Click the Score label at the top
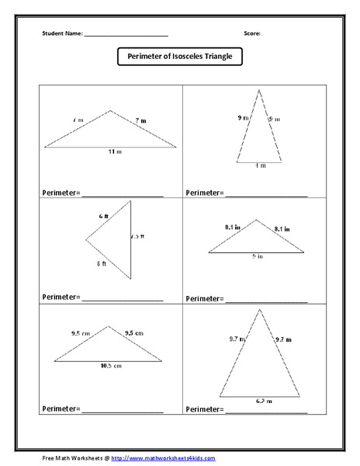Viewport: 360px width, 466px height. (x=252, y=34)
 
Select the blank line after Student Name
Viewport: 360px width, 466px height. (x=126, y=36)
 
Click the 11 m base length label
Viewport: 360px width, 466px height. (x=114, y=152)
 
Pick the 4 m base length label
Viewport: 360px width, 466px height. (x=259, y=165)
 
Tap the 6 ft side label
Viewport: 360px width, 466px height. (x=103, y=215)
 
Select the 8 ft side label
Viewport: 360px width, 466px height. (x=102, y=264)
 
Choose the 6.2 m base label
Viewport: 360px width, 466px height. (x=260, y=401)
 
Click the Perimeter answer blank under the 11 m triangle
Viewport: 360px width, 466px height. (x=123, y=193)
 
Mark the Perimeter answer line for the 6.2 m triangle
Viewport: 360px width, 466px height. (x=265, y=409)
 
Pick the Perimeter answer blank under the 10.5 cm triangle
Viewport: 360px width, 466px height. (x=123, y=409)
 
